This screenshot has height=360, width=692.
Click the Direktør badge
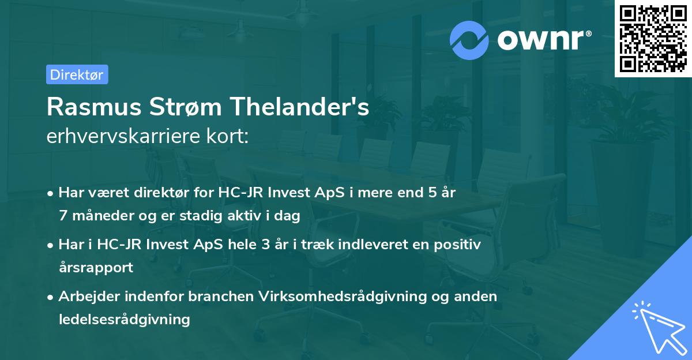click(77, 74)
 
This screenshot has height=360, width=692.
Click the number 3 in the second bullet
click(265, 244)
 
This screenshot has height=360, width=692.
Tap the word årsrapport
click(96, 267)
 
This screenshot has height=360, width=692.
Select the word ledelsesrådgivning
click(125, 319)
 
